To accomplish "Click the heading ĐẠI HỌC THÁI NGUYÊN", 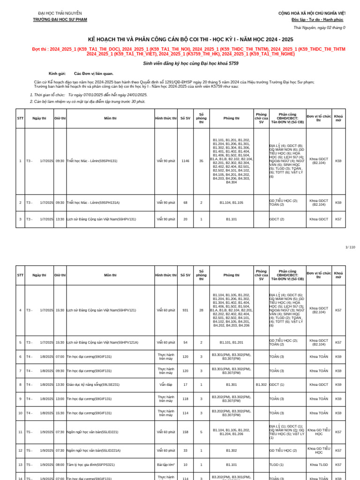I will click(x=60, y=13).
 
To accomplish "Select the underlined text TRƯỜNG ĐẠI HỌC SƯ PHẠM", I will click(x=60, y=20).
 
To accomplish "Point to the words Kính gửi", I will click(x=57, y=74).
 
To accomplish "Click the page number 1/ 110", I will click(x=350, y=247).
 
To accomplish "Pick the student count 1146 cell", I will click(x=185, y=161).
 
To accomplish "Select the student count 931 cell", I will click(x=185, y=310).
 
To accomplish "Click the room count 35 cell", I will click(x=201, y=161).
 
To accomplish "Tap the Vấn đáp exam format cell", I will click(x=165, y=385).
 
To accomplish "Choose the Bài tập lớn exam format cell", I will click(x=165, y=465).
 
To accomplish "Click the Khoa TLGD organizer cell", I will click(x=319, y=465).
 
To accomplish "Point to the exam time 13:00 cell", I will click(x=60, y=399).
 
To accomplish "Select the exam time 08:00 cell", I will click(x=60, y=465).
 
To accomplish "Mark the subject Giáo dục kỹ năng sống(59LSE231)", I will click(x=93, y=385).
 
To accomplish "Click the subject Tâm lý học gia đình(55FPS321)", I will click(x=90, y=465).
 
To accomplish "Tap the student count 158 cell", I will click(x=185, y=432).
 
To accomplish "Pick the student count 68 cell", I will click(x=185, y=202).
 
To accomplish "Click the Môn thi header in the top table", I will click(x=110, y=119).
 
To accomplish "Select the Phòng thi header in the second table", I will click(x=231, y=275).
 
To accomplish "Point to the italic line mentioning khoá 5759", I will click(x=191, y=63).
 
